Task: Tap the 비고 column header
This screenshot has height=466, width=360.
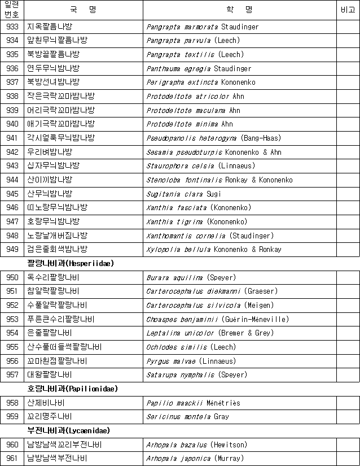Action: point(348,10)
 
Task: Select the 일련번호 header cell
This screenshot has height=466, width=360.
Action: point(11,10)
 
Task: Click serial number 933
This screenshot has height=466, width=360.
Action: point(12,27)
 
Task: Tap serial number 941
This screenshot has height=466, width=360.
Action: point(12,138)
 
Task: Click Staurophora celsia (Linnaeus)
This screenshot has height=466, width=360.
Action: point(200,166)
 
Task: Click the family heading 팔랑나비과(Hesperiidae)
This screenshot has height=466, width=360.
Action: point(68,263)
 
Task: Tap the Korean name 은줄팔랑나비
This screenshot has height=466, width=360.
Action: point(49,333)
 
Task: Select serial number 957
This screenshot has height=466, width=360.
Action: point(12,374)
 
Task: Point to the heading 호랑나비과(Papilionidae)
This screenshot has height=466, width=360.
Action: point(73,389)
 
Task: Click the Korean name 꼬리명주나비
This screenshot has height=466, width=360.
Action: point(49,416)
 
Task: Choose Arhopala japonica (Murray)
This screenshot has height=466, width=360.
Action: point(195,458)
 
